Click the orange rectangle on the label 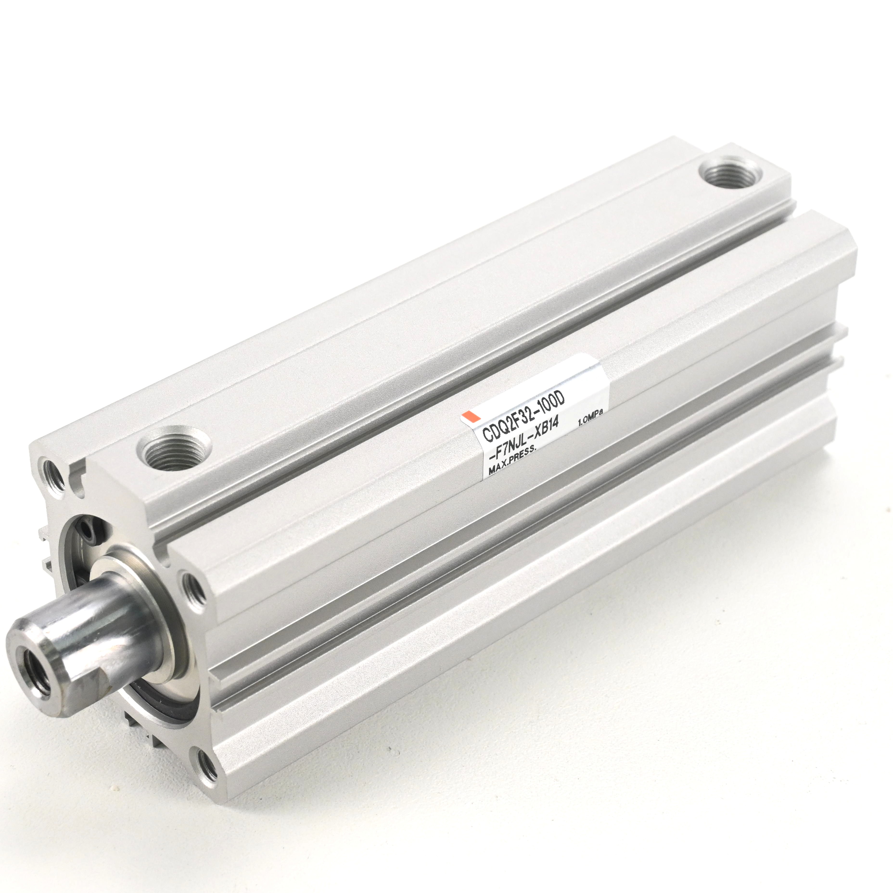coord(469,415)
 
